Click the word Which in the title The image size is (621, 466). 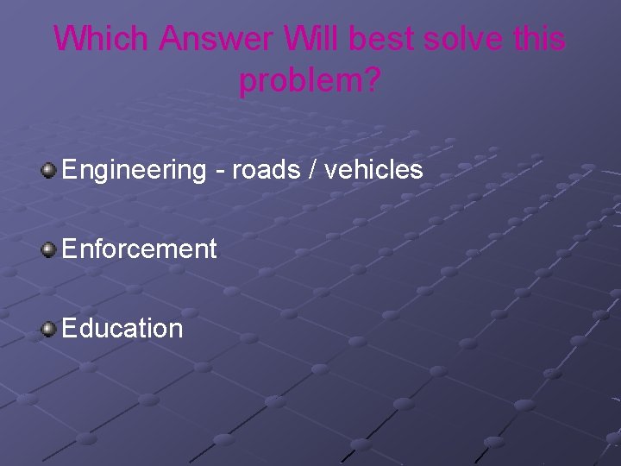tap(102, 40)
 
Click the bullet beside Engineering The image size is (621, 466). tap(49, 169)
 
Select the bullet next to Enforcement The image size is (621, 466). tap(49, 249)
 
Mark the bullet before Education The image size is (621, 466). tap(49, 329)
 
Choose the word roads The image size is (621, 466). tap(264, 170)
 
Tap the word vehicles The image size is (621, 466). tap(374, 170)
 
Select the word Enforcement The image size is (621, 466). tap(139, 249)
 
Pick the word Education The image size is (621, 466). tap(122, 329)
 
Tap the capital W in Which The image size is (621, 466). tap(70, 40)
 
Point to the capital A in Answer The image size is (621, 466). tap(171, 40)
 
